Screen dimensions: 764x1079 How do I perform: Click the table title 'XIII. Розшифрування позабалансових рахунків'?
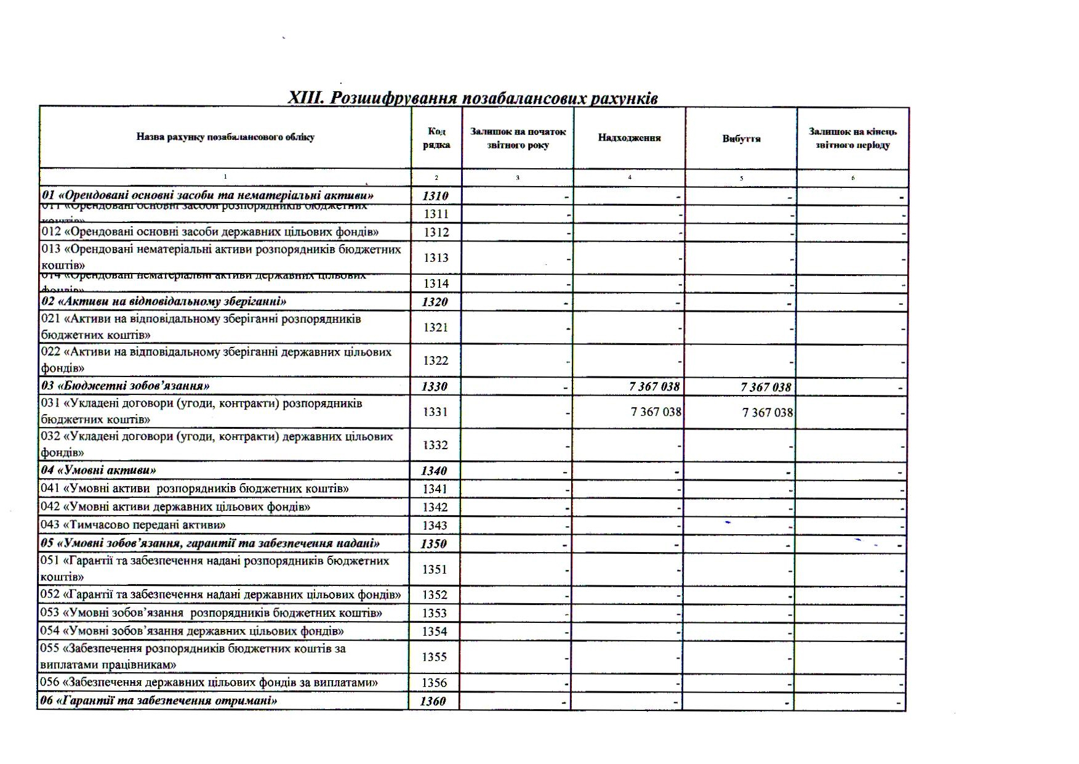tap(473, 99)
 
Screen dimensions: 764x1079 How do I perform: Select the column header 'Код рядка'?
tap(436, 138)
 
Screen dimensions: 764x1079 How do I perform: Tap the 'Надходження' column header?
tap(629, 138)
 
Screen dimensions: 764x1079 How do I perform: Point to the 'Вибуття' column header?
tap(741, 139)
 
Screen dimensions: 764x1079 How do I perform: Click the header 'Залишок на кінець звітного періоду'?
tap(852, 138)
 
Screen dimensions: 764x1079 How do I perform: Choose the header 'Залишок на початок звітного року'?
tap(518, 138)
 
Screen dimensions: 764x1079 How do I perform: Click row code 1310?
tap(435, 196)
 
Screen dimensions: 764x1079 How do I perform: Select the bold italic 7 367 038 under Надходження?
tap(654, 386)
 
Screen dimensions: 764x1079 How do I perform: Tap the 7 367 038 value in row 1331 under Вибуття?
tap(768, 412)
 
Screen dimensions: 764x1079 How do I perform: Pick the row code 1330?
tap(435, 386)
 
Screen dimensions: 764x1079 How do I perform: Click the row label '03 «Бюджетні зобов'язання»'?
tap(126, 386)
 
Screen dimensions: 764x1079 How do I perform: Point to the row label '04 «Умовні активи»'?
tap(98, 470)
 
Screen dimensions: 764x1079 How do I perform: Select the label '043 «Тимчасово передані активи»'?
tap(133, 525)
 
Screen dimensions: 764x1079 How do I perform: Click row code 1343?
tap(435, 526)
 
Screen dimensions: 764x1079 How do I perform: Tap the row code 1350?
tap(433, 543)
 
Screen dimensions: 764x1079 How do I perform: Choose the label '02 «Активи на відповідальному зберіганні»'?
tap(164, 301)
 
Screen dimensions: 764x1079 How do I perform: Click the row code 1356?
tap(434, 683)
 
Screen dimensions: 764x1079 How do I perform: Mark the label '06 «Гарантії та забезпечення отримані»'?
tap(159, 701)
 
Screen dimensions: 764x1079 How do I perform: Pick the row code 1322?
tap(435, 360)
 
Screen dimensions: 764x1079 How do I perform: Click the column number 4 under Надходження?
tap(629, 177)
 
